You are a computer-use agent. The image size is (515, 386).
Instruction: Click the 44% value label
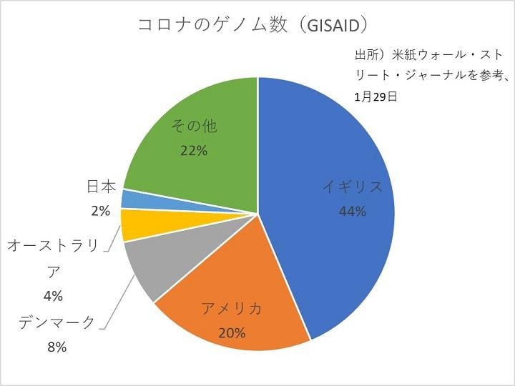pyautogui.click(x=353, y=211)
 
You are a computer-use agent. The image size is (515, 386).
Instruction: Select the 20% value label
pyautogui.click(x=232, y=332)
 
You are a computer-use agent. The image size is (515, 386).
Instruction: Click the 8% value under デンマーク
pyautogui.click(x=57, y=347)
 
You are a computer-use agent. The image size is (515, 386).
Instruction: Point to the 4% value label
pyautogui.click(x=54, y=295)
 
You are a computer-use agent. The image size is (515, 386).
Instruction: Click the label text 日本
pyautogui.click(x=101, y=187)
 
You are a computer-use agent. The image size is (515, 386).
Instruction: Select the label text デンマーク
pyautogui.click(x=57, y=323)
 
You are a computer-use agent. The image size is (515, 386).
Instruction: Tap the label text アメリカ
pyautogui.click(x=232, y=309)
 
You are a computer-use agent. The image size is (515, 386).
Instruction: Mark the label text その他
pyautogui.click(x=193, y=127)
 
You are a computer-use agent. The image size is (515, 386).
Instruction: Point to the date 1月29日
pyautogui.click(x=376, y=96)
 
